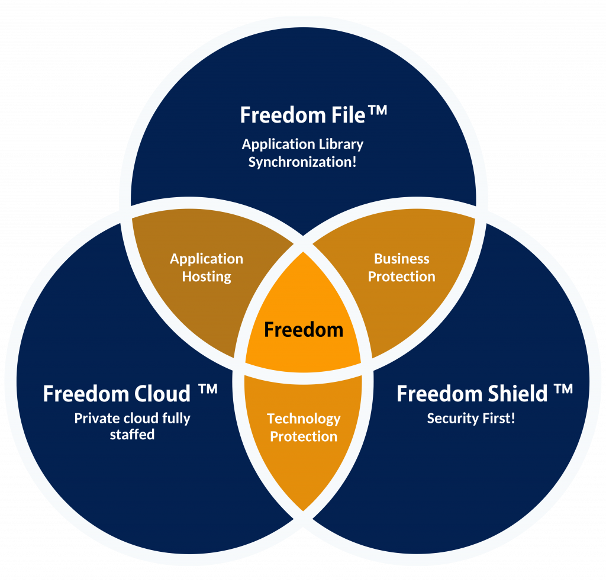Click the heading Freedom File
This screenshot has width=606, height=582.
pos(302,114)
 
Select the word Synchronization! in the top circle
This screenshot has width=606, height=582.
pos(302,162)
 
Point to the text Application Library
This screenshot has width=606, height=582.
pos(302,144)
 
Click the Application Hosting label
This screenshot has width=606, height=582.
pos(207,268)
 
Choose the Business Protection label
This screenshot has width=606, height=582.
pos(401,268)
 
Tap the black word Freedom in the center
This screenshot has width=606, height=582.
pos(304,329)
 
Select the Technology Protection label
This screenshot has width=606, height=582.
pos(304,427)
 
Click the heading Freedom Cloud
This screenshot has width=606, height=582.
pos(117,394)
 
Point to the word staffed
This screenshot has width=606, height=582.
pos(132,435)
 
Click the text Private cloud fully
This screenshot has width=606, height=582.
pos(132,418)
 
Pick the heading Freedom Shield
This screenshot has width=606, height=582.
pos(472,394)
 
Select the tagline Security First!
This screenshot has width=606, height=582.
pos(471,419)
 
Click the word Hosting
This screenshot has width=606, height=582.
pos(207,276)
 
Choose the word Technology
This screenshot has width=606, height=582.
pos(304,419)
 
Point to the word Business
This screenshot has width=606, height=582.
pos(401,259)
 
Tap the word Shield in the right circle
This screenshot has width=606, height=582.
pos(518,394)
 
